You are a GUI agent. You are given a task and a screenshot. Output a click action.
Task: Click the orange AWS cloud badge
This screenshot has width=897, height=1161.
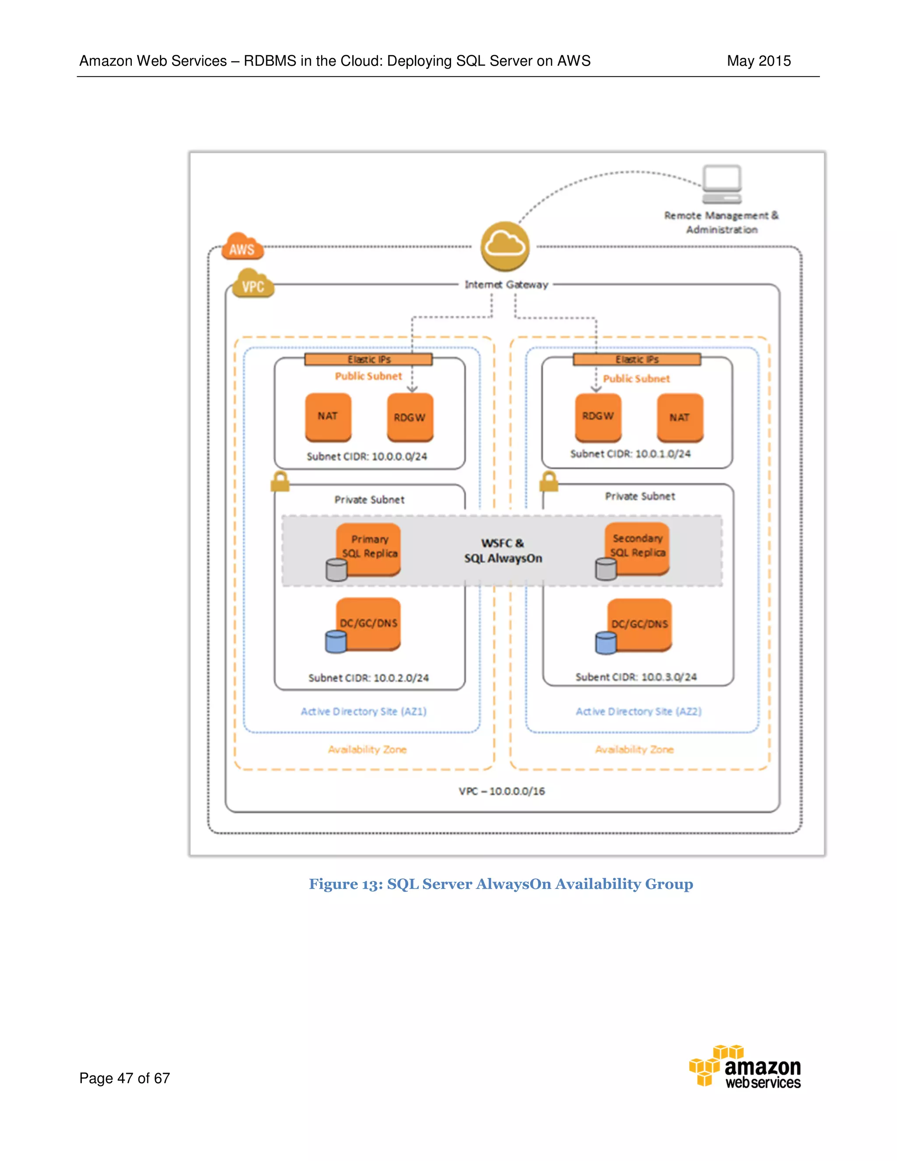click(x=242, y=247)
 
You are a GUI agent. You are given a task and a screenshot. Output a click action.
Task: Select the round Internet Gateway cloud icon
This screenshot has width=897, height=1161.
click(x=505, y=246)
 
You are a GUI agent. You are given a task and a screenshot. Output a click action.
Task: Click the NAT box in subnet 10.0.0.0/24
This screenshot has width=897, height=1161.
click(x=328, y=417)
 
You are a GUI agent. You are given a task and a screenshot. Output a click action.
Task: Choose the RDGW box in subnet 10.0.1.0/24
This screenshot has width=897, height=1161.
click(x=598, y=417)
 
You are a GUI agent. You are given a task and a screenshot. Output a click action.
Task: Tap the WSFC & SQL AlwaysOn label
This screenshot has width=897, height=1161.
click(x=503, y=551)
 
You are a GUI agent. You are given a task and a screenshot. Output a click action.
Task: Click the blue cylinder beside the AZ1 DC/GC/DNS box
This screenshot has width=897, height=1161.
click(x=336, y=642)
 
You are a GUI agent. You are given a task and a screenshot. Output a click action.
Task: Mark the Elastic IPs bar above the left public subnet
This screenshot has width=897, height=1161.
click(x=368, y=360)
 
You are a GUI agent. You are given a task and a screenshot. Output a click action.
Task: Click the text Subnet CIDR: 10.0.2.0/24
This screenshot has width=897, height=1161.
click(x=368, y=678)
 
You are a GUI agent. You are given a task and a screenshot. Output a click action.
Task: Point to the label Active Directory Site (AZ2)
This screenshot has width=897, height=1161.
click(x=638, y=711)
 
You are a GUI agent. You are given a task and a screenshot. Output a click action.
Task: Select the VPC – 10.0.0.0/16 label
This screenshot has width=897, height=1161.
click(x=501, y=791)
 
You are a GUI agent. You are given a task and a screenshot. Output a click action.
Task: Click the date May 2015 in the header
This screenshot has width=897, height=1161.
click(x=758, y=61)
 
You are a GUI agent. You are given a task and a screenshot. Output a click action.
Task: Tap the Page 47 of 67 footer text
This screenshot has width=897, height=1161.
click(x=124, y=1078)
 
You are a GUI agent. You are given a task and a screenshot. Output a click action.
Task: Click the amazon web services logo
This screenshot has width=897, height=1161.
click(x=745, y=1067)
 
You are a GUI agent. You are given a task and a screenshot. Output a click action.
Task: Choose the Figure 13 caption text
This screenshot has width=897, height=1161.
click(x=501, y=884)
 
